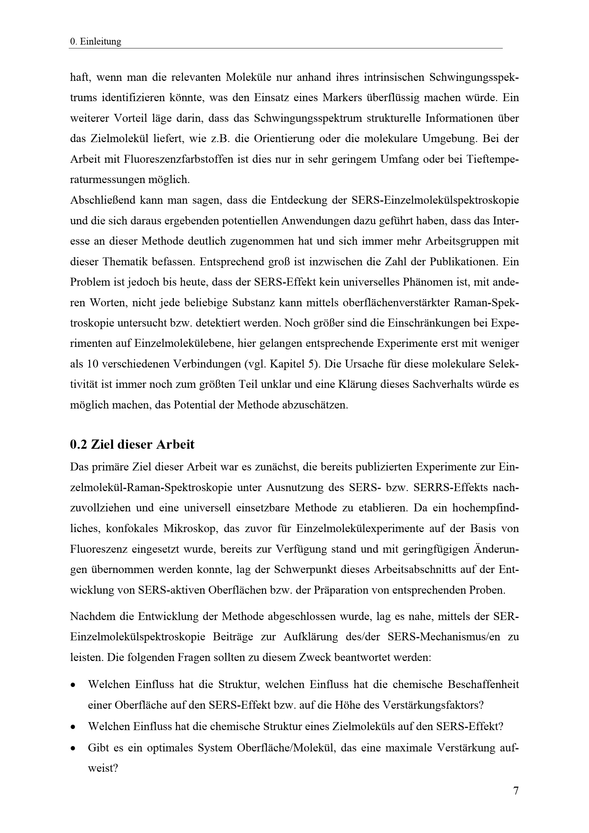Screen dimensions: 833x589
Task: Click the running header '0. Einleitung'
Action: coord(95,42)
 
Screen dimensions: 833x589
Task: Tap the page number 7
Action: coord(516,790)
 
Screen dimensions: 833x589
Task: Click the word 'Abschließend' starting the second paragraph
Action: coord(102,200)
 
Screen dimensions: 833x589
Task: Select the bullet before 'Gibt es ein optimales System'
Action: coord(73,748)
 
